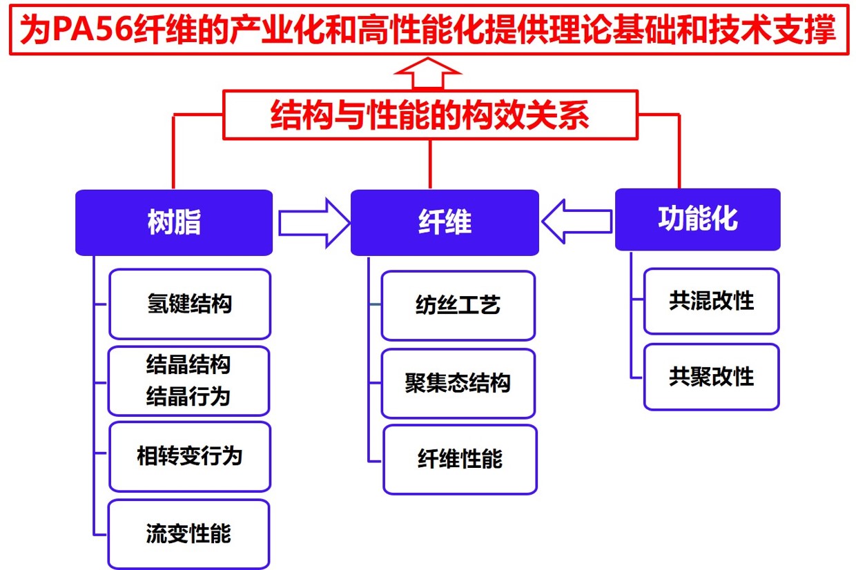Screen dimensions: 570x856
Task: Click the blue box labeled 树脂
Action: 174,223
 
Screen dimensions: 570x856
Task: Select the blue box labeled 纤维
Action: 445,223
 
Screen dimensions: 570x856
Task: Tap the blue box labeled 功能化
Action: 697,219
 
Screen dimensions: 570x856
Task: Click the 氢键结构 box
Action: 190,304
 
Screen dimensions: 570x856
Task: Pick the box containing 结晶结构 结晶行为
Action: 189,381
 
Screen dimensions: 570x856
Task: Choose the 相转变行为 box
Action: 190,456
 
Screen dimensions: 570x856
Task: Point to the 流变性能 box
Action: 188,533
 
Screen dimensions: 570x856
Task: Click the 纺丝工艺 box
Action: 458,305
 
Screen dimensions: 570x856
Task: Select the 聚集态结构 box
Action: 458,383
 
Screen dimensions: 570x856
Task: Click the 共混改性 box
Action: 711,301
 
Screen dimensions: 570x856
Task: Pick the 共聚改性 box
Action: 711,377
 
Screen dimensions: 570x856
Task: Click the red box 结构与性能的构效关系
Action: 429,115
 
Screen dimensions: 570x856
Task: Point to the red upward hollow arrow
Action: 427,73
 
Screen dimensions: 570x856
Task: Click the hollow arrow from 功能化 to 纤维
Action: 577,222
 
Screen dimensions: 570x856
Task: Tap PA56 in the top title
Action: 90,30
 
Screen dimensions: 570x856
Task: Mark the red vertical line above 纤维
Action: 430,164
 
